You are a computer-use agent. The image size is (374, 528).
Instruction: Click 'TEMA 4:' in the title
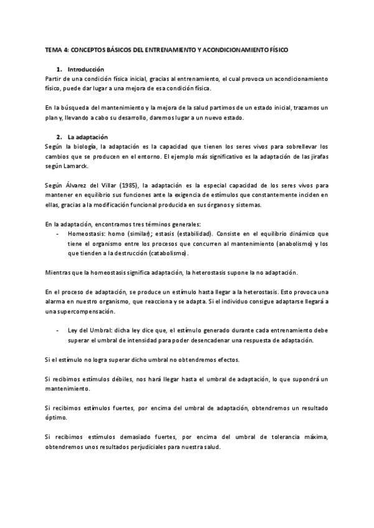[58, 49]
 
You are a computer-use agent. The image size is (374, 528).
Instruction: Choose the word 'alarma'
[57, 301]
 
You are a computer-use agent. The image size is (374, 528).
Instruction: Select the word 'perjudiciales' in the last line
[143, 447]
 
